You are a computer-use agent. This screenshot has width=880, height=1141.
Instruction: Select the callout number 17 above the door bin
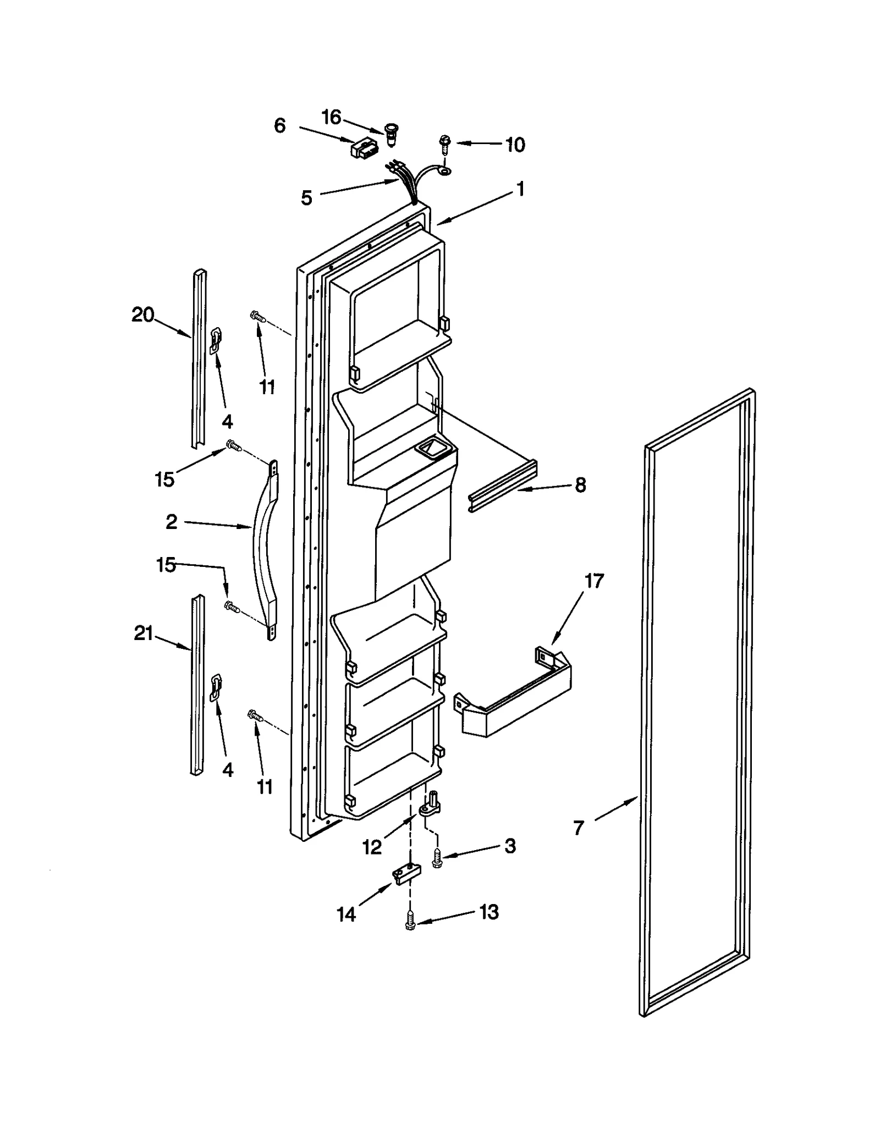(x=594, y=581)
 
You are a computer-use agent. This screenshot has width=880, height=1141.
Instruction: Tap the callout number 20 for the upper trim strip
(x=142, y=315)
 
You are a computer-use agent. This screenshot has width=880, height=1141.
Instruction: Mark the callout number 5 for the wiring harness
(x=306, y=197)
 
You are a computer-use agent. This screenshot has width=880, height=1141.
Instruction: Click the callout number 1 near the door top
(x=520, y=189)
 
